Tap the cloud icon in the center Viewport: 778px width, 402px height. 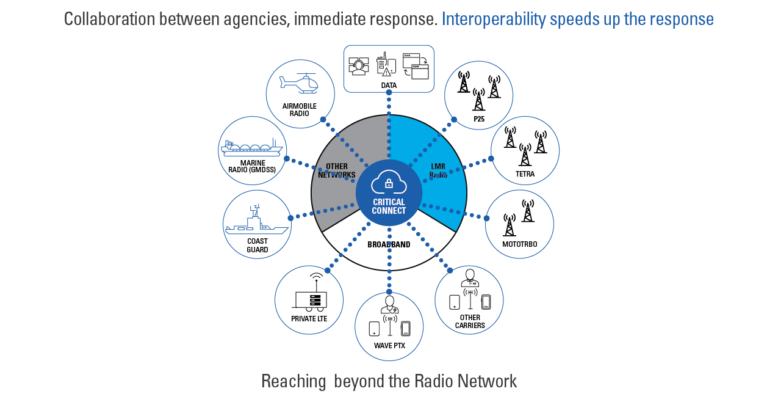(389, 181)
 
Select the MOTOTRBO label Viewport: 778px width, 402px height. (519, 244)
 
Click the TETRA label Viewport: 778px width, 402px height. (525, 174)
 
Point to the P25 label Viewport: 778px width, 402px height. (479, 119)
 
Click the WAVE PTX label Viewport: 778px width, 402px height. (389, 346)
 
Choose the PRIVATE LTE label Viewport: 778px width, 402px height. (309, 319)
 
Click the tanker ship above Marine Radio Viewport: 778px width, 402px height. (252, 148)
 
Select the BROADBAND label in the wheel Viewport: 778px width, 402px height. (389, 244)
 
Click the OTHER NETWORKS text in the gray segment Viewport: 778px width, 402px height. (337, 170)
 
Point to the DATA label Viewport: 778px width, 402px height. (389, 86)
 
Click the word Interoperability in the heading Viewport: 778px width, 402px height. (493, 19)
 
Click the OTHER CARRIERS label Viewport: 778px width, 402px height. (470, 321)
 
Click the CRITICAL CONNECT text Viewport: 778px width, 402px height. (389, 206)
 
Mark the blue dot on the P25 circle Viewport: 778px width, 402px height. (454, 120)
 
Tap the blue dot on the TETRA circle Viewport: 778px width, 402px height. (491, 158)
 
